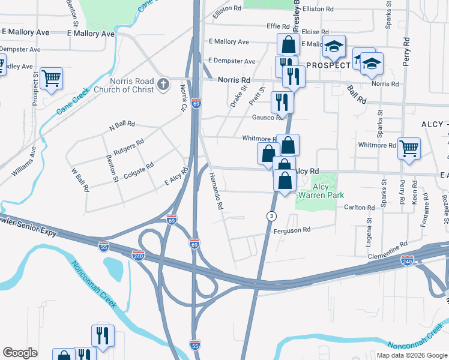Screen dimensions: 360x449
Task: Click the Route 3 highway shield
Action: pyautogui.click(x=272, y=215)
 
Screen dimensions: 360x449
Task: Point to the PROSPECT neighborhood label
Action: pyautogui.click(x=328, y=65)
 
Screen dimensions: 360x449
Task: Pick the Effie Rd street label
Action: pyautogui.click(x=279, y=26)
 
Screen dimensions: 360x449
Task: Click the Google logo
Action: pyautogui.click(x=20, y=353)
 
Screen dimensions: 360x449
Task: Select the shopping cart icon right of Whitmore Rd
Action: pyautogui.click(x=409, y=148)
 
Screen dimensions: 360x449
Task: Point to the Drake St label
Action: pyautogui.click(x=238, y=96)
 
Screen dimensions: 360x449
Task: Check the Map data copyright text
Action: pyautogui.click(x=412, y=355)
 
